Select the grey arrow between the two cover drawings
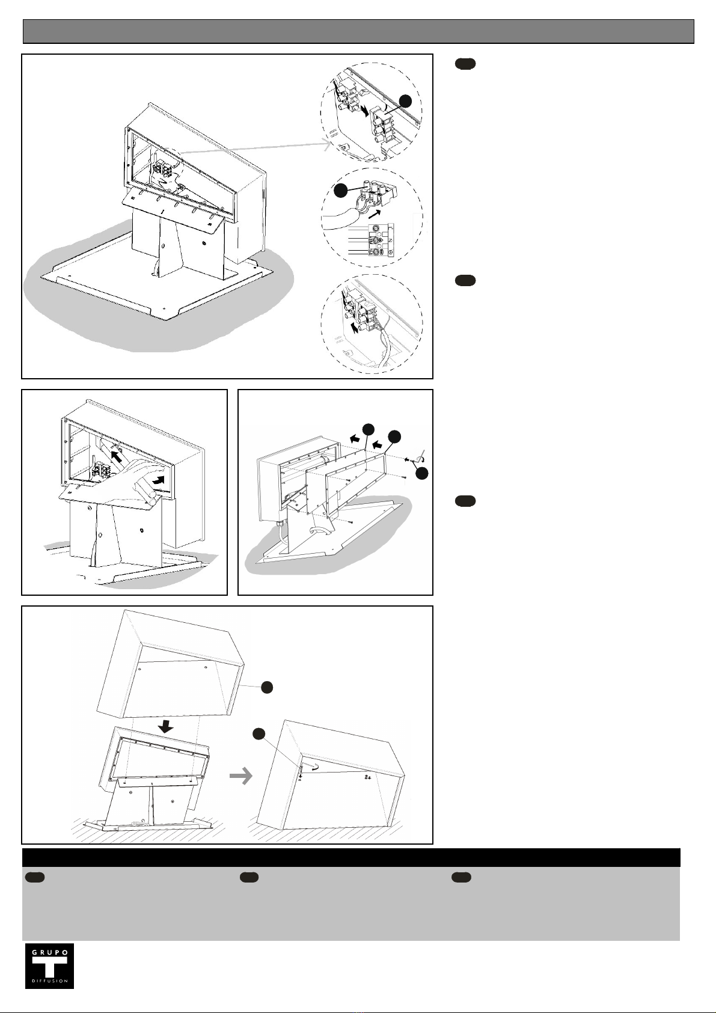[x=241, y=777]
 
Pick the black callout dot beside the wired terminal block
[x=340, y=191]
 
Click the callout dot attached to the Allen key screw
[x=422, y=474]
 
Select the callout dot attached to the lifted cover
[x=268, y=687]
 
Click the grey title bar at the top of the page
[x=358, y=31]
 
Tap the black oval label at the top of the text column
[x=465, y=64]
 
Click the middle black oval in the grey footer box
[x=249, y=877]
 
